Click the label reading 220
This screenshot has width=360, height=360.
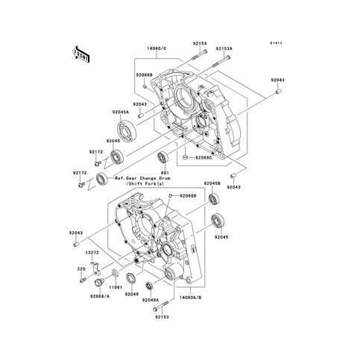[x=80, y=268]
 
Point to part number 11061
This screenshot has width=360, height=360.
[x=116, y=286]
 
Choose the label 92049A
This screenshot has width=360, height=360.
[x=152, y=300]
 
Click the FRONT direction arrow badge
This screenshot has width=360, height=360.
[x=80, y=54]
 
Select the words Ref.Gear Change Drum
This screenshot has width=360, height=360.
[x=139, y=180]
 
